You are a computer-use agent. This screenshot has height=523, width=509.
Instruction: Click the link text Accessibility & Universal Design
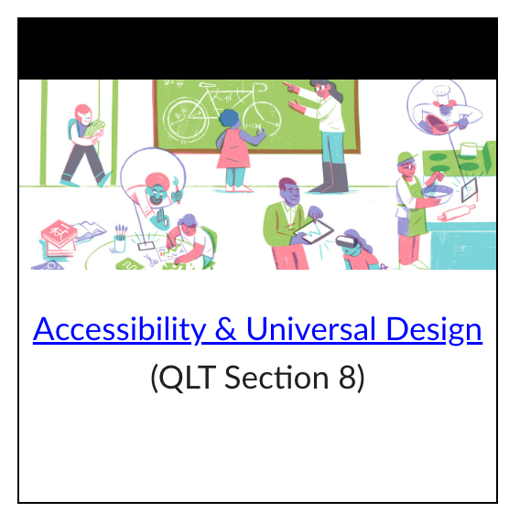point(257,329)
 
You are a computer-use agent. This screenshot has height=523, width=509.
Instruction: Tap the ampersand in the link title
point(224,329)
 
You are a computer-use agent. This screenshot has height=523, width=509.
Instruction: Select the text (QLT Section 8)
point(257,377)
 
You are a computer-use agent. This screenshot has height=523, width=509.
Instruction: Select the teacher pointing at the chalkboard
point(326,133)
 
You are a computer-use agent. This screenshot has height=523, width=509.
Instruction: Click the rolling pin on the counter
point(459,216)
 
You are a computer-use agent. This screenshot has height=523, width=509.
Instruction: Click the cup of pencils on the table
point(120,240)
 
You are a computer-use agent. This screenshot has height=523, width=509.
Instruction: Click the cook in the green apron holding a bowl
point(409,206)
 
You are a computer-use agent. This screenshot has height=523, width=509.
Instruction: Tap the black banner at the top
point(257,48)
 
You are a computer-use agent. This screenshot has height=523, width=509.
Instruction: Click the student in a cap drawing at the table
point(190,240)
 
